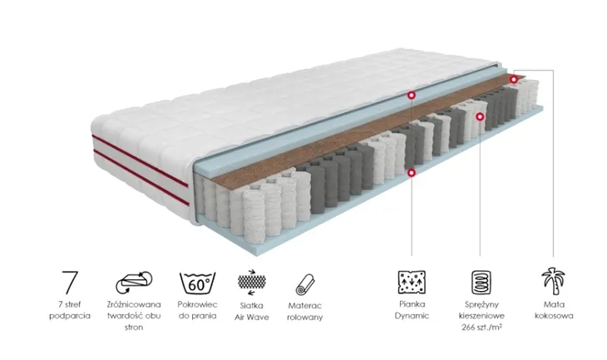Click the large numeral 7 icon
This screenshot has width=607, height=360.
click(70, 282)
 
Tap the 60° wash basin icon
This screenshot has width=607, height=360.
click(197, 283)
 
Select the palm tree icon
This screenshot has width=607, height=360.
click(553, 281)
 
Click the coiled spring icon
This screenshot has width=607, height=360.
click(481, 282)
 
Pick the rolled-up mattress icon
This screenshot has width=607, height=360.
click(305, 284)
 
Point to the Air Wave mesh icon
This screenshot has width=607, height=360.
click(252, 282)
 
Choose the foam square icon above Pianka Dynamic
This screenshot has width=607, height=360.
click(412, 282)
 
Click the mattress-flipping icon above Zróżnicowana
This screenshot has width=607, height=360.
click(134, 282)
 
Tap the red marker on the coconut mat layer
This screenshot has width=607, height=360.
click(513, 79)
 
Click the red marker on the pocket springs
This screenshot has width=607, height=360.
click(480, 116)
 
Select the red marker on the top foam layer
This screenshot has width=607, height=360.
click(412, 95)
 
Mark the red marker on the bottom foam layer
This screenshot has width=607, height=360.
click(412, 173)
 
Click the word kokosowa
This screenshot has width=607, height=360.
click(554, 316)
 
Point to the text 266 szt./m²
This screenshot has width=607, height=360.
click(481, 327)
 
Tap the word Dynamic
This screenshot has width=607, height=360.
click(412, 316)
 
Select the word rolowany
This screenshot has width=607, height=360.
click(305, 318)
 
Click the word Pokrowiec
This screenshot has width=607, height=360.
click(197, 304)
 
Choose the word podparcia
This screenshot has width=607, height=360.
click(70, 316)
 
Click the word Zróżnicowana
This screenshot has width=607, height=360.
click(134, 304)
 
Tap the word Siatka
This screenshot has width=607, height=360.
click(252, 306)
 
